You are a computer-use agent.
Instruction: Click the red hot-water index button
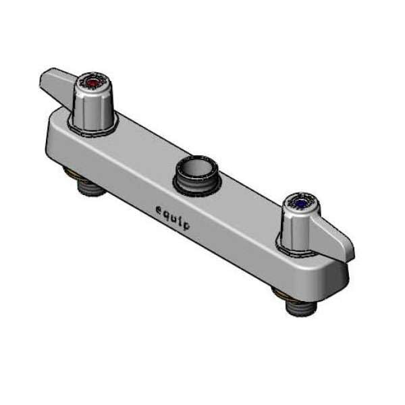(94, 82)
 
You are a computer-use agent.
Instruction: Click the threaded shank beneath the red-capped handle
(90, 186)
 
